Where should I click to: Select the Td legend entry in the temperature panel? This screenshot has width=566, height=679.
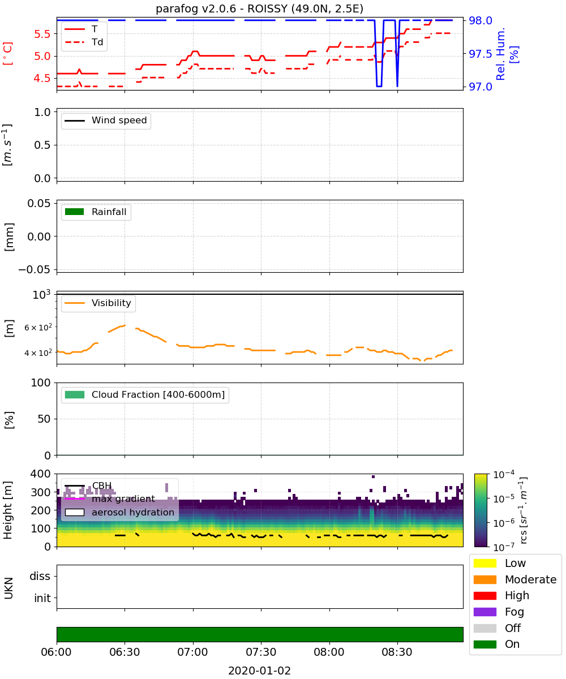(x=84, y=42)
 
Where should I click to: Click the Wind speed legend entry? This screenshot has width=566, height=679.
(x=106, y=121)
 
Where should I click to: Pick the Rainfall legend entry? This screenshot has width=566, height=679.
(x=96, y=212)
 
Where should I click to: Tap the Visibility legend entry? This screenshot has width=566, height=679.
(x=97, y=303)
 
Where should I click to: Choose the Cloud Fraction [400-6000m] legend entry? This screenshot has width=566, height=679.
(x=145, y=394)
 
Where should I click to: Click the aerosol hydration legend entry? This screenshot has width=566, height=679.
(x=119, y=512)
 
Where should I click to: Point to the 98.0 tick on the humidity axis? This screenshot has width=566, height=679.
(x=481, y=20)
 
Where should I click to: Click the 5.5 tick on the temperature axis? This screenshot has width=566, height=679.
(x=42, y=34)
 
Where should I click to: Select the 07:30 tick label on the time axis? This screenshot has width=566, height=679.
(x=261, y=652)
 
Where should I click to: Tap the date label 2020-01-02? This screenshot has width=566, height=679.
(x=259, y=671)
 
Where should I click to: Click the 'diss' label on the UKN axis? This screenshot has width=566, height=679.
(x=40, y=576)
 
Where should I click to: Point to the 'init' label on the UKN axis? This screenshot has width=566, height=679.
(x=42, y=598)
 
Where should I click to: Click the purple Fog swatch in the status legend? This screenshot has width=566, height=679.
(x=484, y=612)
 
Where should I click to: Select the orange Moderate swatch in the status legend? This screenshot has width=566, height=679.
(x=484, y=579)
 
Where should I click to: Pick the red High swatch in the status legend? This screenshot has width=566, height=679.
(x=484, y=595)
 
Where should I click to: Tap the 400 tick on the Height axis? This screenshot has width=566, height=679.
(x=40, y=474)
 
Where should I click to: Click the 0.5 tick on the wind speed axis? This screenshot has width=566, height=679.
(x=42, y=145)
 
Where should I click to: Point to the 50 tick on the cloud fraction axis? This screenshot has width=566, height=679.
(x=44, y=419)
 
